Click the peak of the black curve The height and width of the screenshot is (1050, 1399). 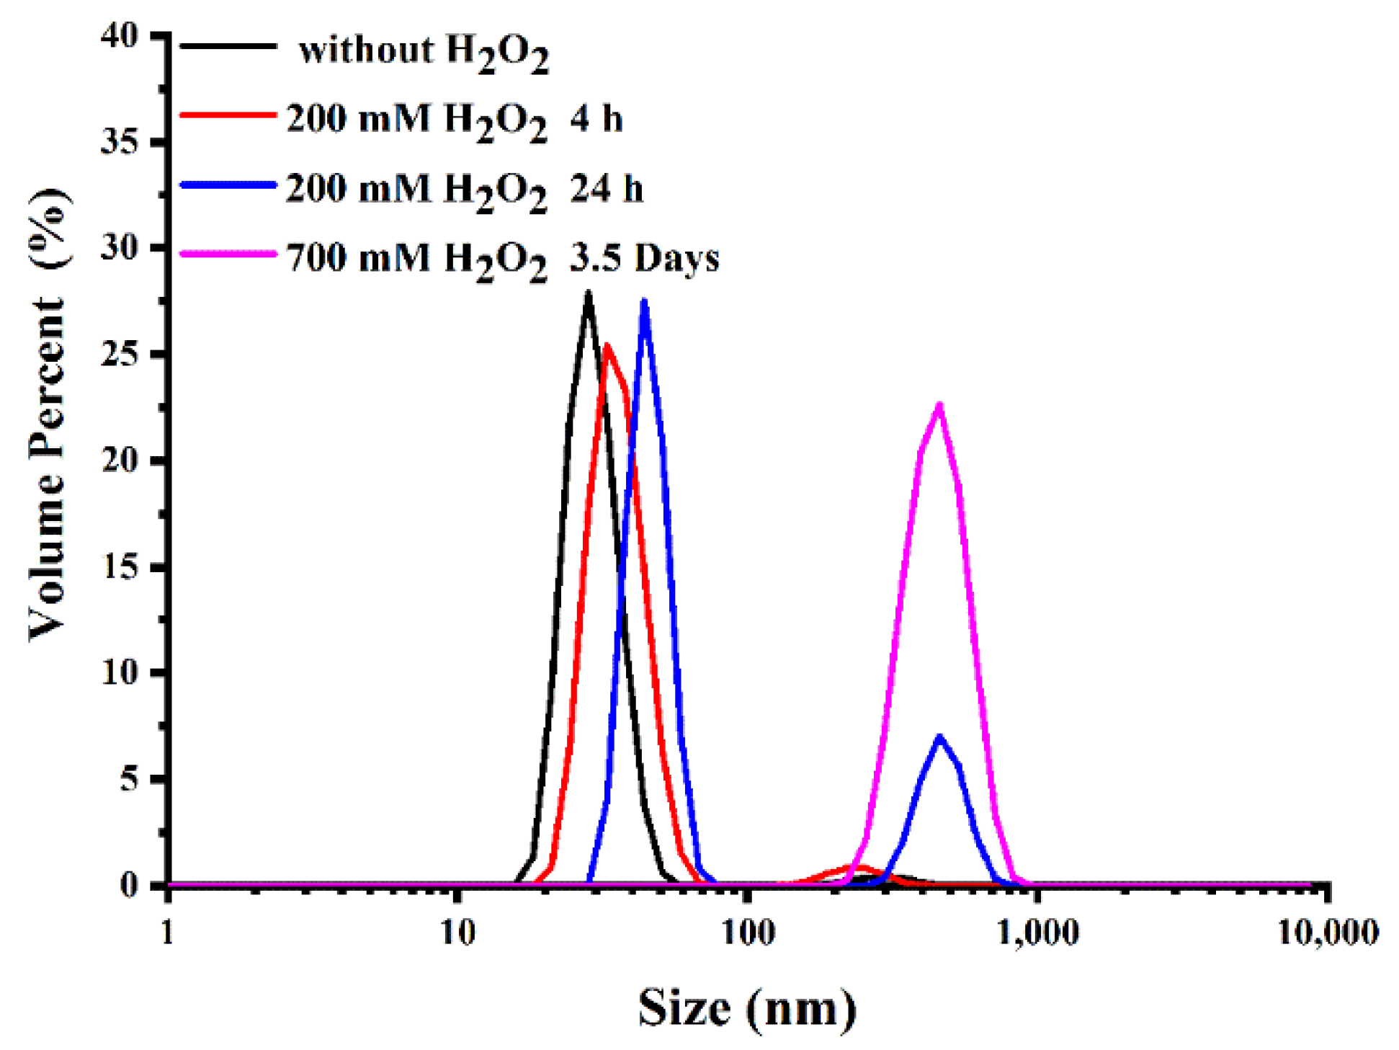[589, 293]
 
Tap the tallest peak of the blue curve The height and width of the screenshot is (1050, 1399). [644, 301]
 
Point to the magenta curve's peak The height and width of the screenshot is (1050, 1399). [939, 405]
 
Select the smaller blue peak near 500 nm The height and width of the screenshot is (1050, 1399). [939, 737]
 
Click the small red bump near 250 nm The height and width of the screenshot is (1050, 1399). [860, 868]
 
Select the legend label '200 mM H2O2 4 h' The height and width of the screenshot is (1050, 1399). [454, 120]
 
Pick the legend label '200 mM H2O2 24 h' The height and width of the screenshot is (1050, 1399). [464, 190]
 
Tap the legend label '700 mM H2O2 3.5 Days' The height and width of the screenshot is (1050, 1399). [502, 259]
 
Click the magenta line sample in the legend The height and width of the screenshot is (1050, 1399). [228, 254]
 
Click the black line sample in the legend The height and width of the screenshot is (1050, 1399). [228, 46]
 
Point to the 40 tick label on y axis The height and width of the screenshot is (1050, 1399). [120, 35]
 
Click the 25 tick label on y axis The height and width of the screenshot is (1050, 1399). [120, 354]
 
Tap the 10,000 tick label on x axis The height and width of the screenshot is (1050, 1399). [1328, 933]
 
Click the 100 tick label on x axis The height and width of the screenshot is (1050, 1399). [748, 933]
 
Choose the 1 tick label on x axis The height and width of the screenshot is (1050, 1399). [167, 933]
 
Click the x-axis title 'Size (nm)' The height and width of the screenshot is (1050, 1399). [747, 1008]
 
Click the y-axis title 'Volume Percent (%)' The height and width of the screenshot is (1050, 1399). [49, 414]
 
